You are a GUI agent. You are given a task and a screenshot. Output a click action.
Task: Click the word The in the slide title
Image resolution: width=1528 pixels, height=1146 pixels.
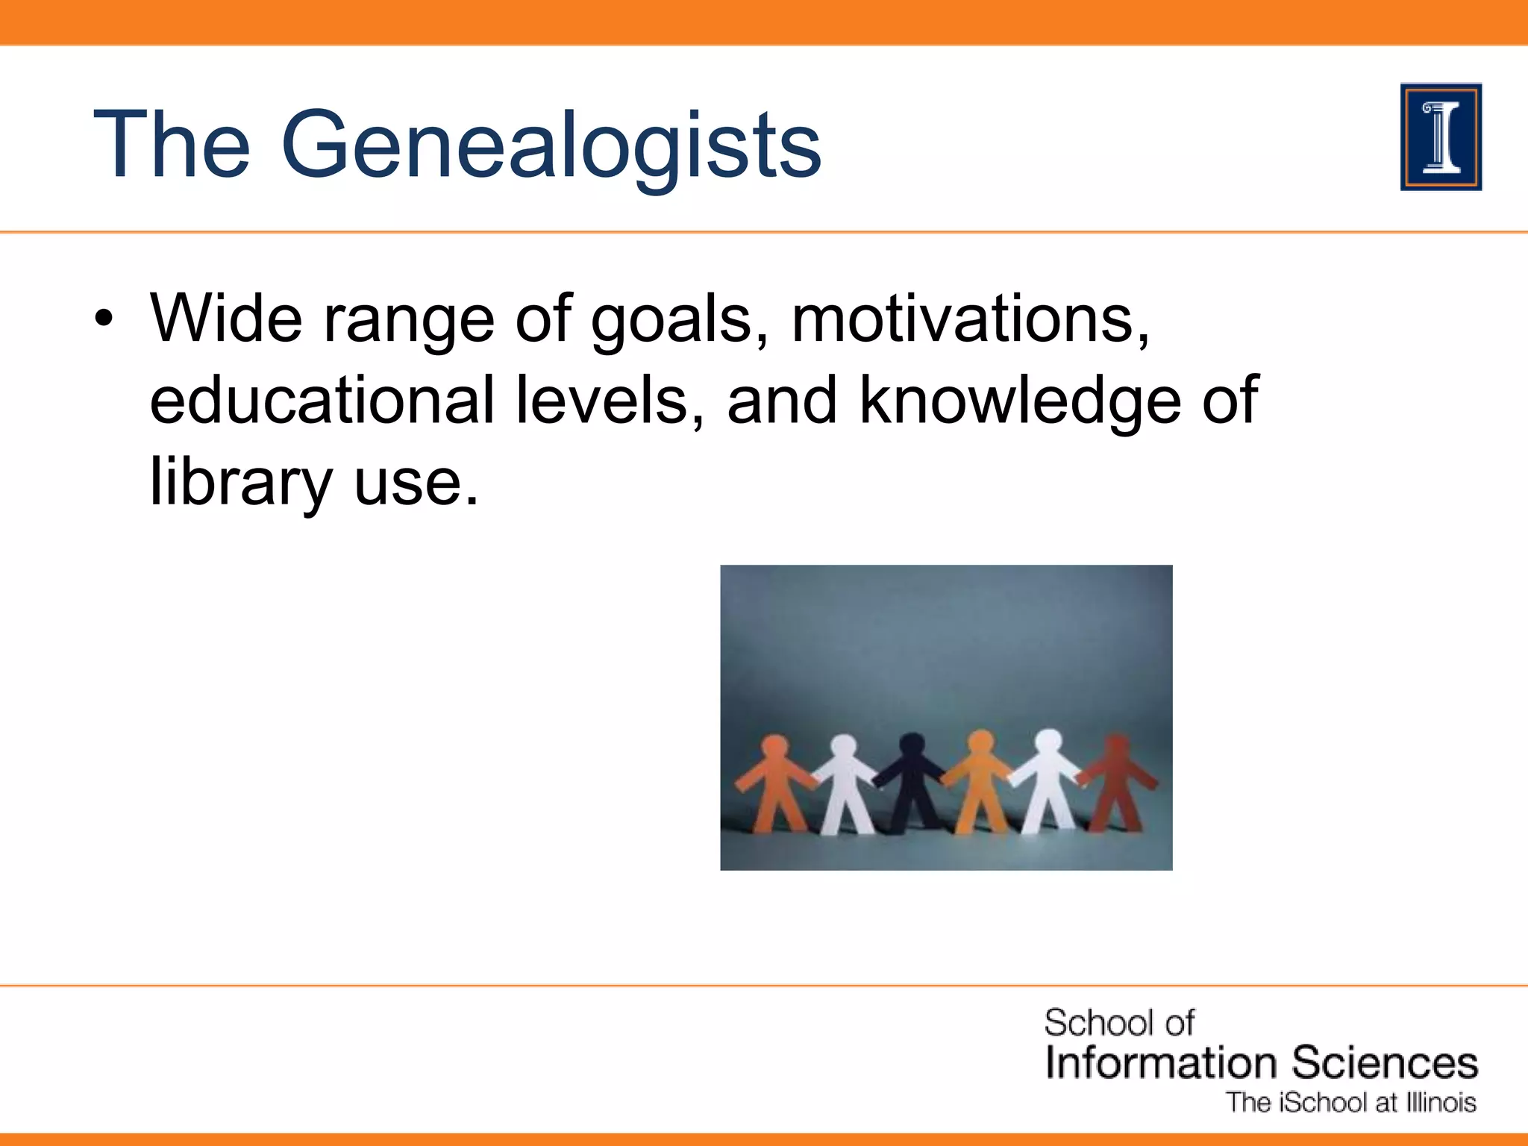[171, 145]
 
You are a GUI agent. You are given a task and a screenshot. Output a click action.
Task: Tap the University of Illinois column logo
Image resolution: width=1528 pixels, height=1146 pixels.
[1441, 137]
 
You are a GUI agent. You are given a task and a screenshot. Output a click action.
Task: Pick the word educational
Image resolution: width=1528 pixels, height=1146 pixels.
[322, 401]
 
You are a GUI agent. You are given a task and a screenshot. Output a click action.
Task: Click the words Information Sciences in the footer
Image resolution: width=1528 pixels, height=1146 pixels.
[1261, 1062]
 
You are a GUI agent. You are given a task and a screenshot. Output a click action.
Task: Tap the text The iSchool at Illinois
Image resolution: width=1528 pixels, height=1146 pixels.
[1351, 1103]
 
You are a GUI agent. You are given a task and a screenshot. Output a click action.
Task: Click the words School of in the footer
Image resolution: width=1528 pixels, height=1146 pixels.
[1118, 1023]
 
